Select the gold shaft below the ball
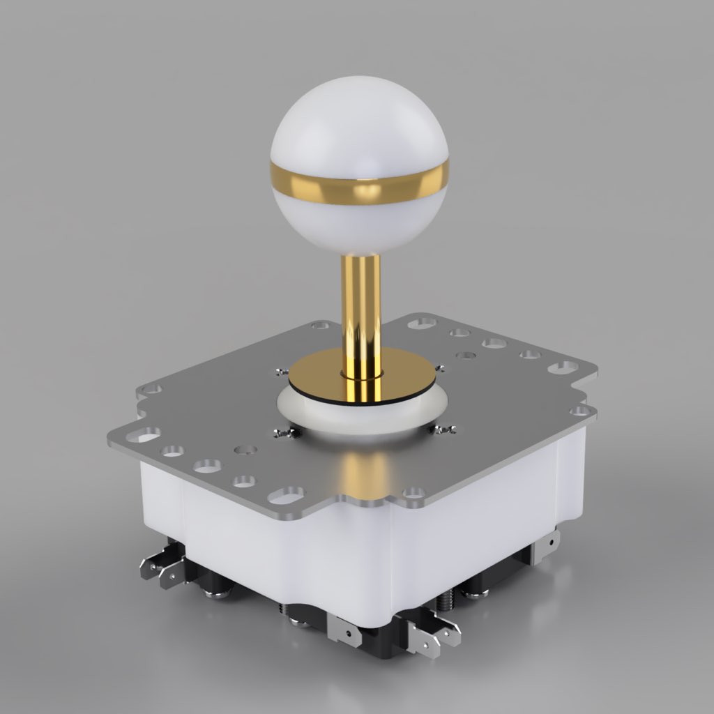[x=361, y=300]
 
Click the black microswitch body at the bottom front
[x=377, y=638]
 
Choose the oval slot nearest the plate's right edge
[x=562, y=367]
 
